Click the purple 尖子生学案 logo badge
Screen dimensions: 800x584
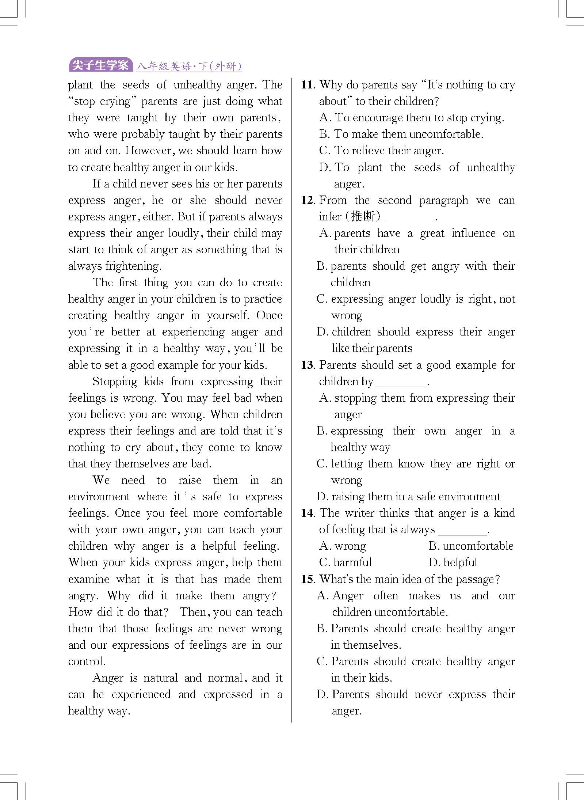(x=100, y=65)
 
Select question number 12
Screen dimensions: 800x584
(x=308, y=200)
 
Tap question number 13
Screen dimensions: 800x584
(x=308, y=365)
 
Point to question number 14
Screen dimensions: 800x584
(x=308, y=513)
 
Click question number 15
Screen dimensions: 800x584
(x=308, y=579)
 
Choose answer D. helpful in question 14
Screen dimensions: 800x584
(x=453, y=562)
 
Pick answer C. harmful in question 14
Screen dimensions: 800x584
(x=346, y=562)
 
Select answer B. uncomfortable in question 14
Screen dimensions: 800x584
(x=471, y=546)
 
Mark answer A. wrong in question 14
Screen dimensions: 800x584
(x=343, y=546)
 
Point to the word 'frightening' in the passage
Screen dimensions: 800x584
(x=133, y=266)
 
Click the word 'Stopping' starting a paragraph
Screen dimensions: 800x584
(x=115, y=382)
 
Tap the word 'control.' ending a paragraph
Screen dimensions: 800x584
(x=87, y=661)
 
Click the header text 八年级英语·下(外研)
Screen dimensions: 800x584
(x=189, y=66)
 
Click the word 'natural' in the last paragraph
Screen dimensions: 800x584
(x=160, y=678)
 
